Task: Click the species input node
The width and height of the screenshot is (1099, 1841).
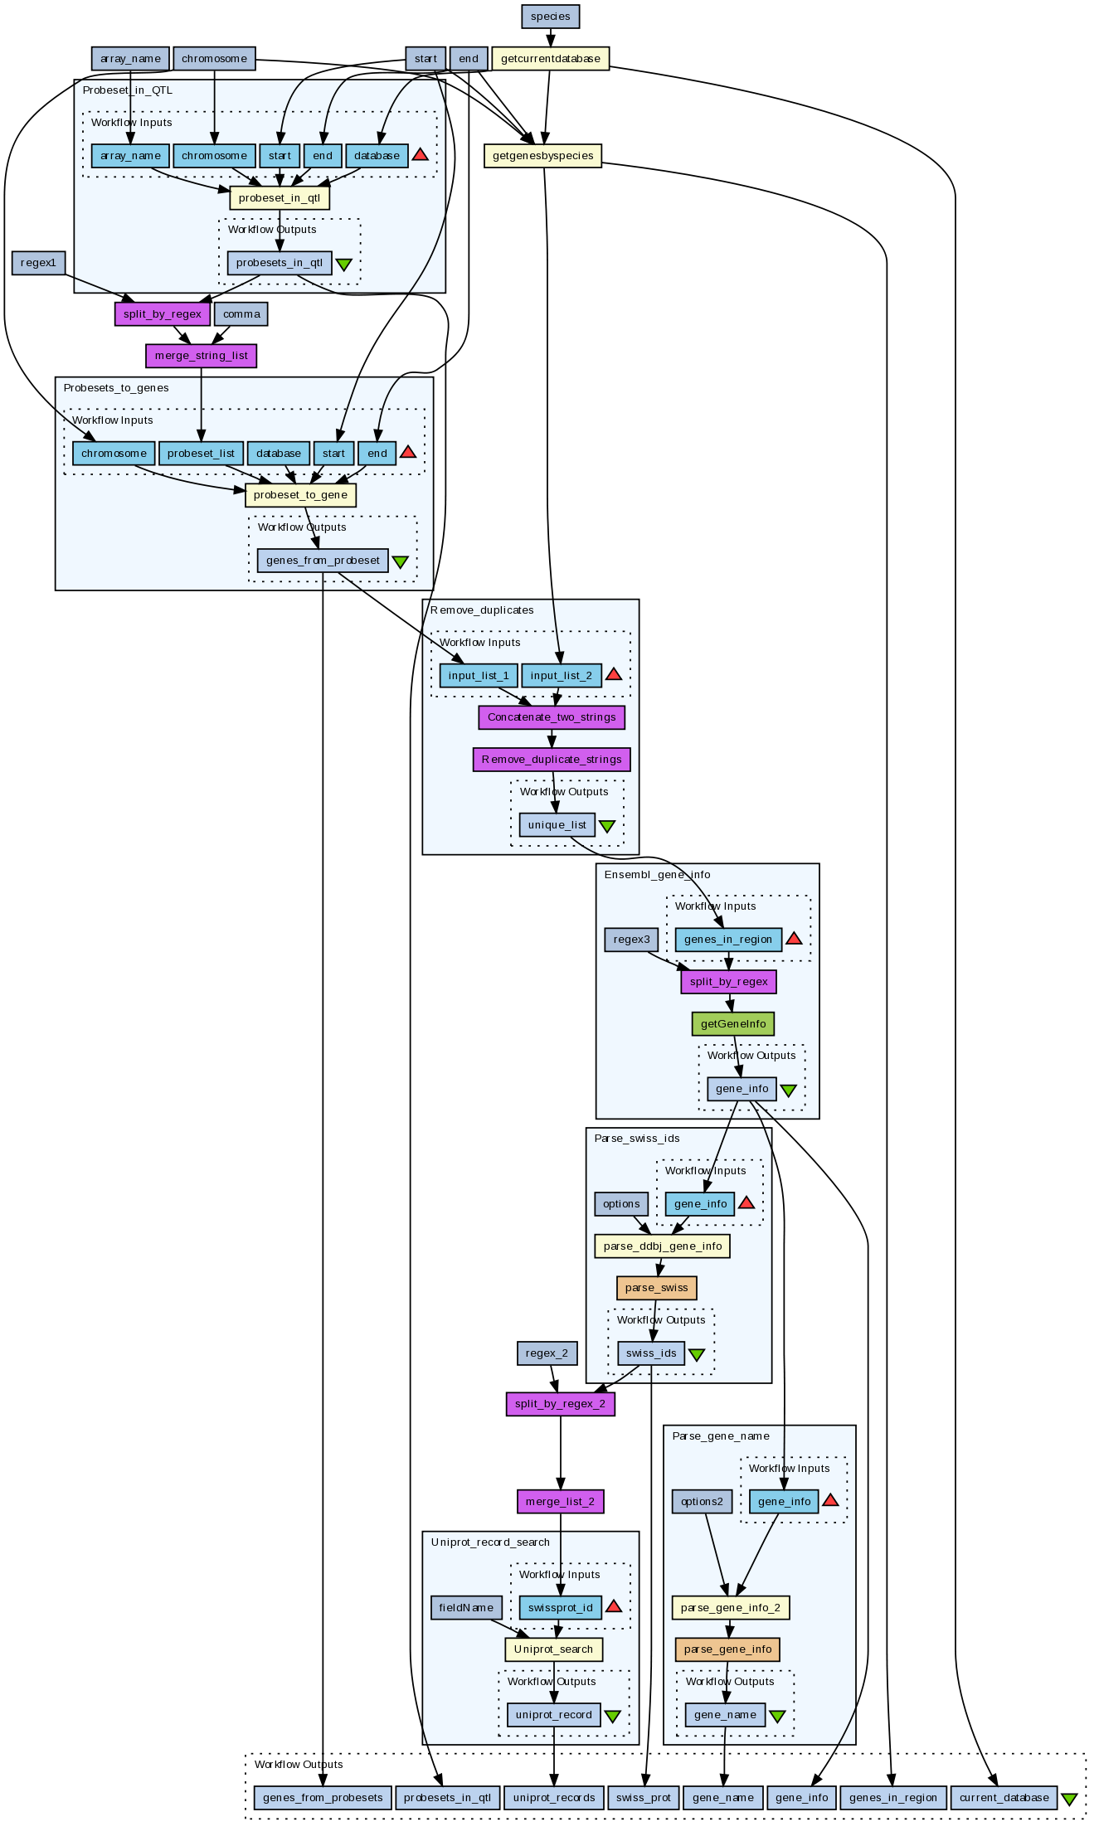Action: pos(551,16)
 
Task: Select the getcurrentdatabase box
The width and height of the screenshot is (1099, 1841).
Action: pos(551,59)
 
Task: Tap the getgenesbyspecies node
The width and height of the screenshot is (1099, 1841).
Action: pos(543,156)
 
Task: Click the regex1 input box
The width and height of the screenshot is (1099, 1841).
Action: pos(39,263)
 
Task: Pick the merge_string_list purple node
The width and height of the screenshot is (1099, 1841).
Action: pos(202,356)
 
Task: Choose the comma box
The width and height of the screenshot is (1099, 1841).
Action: pos(241,314)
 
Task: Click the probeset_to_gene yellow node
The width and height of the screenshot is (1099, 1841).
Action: pos(300,495)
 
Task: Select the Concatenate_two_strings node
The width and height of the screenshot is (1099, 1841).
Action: pos(552,717)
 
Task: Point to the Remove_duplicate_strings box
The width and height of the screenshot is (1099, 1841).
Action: pos(552,760)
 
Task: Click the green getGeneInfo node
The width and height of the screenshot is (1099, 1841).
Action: pos(733,1024)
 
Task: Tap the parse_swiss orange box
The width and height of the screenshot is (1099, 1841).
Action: pos(656,1288)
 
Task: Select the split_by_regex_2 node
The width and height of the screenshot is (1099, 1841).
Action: pos(561,1404)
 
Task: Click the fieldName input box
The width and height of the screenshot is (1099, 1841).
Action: pos(466,1607)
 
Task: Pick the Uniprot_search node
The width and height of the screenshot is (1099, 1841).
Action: pos(553,1649)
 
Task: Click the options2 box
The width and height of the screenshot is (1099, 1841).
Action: pos(702,1501)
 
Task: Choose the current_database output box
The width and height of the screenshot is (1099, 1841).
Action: pos(1004,1798)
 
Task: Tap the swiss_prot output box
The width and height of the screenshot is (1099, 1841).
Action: pos(644,1798)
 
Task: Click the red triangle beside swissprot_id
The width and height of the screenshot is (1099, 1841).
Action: pos(614,1607)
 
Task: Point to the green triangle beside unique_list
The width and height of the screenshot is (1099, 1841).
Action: pos(607,827)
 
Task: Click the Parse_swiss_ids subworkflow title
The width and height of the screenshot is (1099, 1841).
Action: pos(637,1139)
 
